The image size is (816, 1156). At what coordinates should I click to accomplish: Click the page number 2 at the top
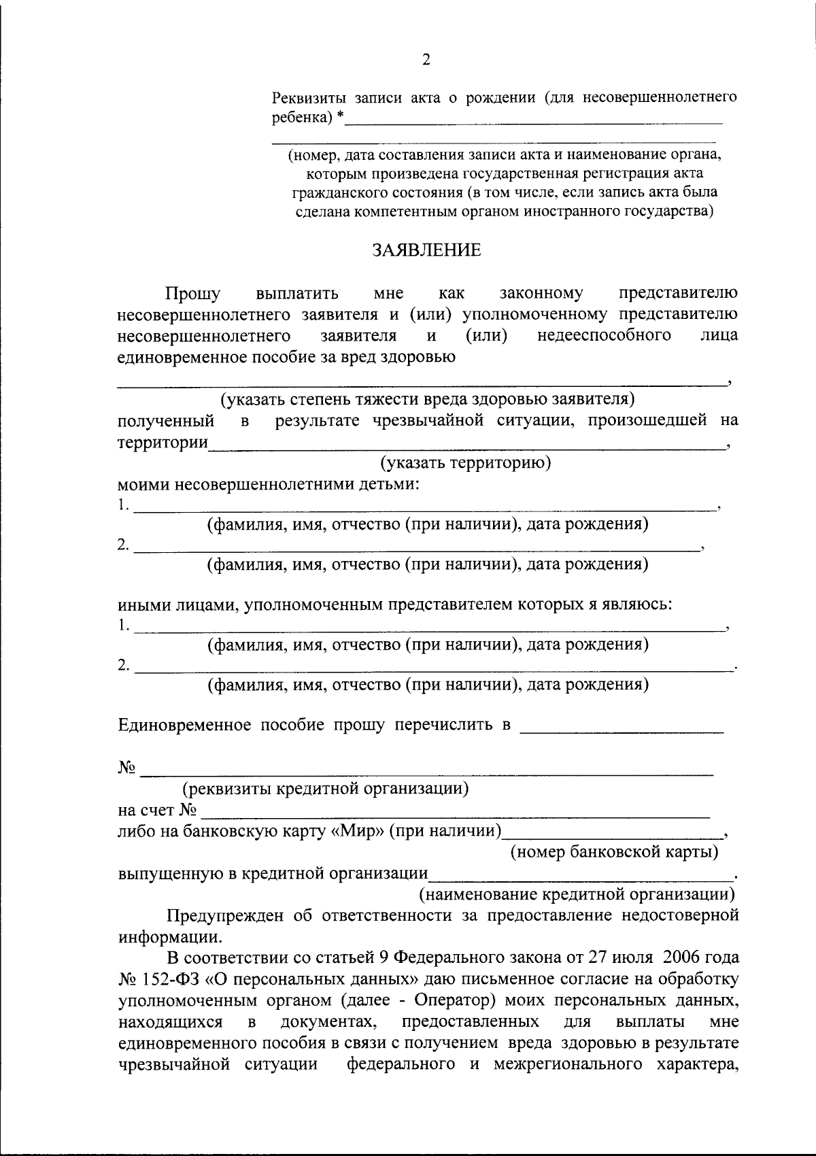click(426, 60)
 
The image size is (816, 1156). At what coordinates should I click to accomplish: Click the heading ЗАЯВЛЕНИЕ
click(426, 250)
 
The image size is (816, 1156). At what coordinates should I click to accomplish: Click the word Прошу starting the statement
click(193, 293)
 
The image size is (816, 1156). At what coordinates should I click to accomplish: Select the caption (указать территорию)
click(465, 463)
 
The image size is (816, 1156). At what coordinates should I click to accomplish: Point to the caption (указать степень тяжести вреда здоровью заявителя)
click(427, 398)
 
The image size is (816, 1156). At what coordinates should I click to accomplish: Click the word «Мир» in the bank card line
click(362, 830)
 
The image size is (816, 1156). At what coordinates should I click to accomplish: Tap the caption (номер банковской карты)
click(615, 851)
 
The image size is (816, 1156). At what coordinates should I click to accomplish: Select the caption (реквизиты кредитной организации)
click(325, 789)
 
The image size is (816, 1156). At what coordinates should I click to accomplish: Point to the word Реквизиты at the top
click(305, 97)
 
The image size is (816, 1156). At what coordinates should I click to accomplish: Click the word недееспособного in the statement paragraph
click(604, 335)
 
